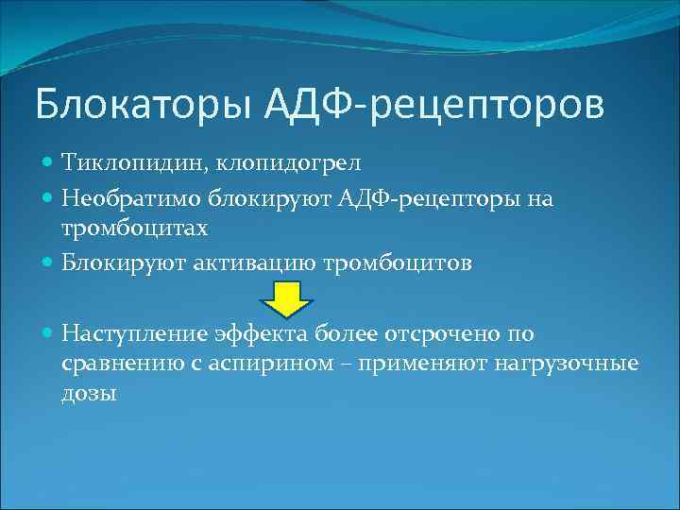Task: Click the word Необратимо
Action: pos(122,198)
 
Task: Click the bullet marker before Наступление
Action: pos(49,332)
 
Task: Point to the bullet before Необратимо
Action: pos(49,198)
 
